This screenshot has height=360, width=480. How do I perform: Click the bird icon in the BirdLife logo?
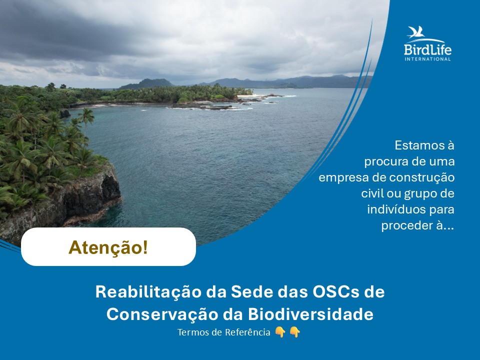tap(416, 33)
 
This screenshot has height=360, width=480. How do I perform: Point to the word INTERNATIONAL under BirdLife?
tap(427, 59)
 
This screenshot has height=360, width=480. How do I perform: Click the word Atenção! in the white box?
tap(108, 247)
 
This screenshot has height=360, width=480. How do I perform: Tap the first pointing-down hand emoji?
tap(280, 332)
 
